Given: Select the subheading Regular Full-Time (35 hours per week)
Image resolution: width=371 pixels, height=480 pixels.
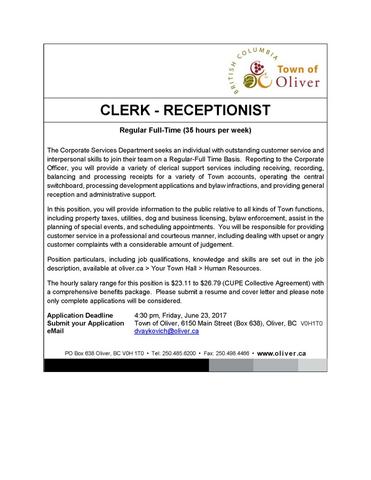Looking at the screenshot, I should (x=185, y=130).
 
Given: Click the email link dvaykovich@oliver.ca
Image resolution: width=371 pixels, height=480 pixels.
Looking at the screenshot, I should (x=166, y=331).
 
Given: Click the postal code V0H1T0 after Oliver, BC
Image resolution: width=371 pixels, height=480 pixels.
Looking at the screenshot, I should (x=312, y=323).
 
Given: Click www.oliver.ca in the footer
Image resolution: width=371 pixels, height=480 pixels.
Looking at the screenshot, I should (x=281, y=353).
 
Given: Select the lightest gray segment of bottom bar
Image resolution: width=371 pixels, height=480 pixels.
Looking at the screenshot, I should (x=312, y=365).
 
